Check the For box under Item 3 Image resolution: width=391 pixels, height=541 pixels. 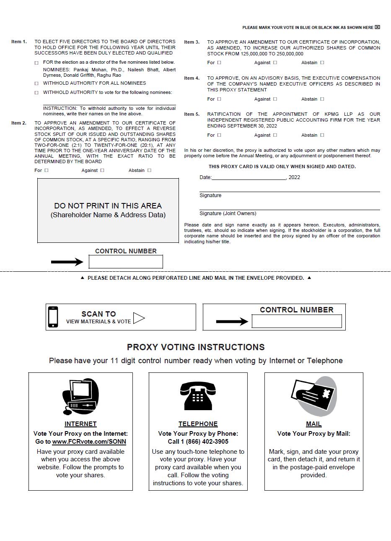[x=219, y=62]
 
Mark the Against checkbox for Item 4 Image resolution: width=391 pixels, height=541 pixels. [x=275, y=99]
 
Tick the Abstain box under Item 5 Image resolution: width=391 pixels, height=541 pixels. [x=322, y=135]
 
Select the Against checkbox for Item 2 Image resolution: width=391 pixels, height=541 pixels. [x=102, y=170]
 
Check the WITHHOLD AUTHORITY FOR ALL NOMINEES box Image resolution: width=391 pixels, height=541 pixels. [x=36, y=83]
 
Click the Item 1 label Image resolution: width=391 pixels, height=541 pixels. [x=19, y=42]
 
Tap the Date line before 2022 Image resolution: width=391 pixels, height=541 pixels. [x=249, y=177]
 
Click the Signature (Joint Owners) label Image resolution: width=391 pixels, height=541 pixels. [x=228, y=213]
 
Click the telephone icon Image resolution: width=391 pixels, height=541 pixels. [x=198, y=396]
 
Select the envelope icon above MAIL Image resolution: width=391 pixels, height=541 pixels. [x=314, y=395]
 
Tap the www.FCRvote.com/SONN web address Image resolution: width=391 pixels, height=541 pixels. [x=89, y=442]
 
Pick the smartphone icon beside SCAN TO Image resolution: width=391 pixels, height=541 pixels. [x=53, y=317]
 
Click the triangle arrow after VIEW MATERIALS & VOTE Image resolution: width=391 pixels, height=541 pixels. [x=139, y=318]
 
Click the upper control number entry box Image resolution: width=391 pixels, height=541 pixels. [x=126, y=262]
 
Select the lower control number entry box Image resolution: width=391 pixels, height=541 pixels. [x=297, y=322]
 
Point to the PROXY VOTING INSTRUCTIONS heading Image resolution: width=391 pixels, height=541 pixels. [x=196, y=347]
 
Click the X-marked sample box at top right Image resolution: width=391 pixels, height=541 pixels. [x=377, y=27]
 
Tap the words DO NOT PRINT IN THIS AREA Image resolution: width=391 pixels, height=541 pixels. [x=108, y=206]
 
